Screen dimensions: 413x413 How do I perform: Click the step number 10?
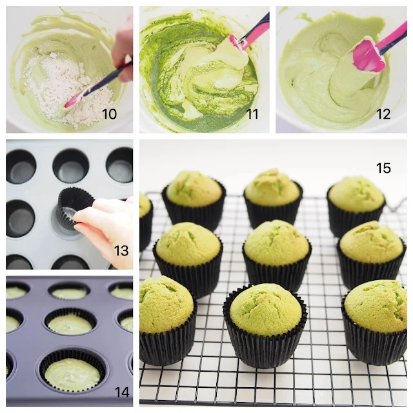click(109, 114)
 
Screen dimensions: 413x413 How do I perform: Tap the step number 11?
click(252, 114)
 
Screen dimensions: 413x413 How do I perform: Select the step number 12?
click(383, 114)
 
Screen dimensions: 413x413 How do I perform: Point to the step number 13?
click(121, 250)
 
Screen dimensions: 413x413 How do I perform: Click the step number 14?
click(122, 392)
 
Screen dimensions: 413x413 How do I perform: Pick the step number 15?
click(383, 168)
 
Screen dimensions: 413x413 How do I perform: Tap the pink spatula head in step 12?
click(368, 55)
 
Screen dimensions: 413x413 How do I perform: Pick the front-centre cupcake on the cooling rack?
click(265, 325)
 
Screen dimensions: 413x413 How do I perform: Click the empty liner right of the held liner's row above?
click(119, 165)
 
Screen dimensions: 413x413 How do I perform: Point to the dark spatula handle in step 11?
click(257, 28)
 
